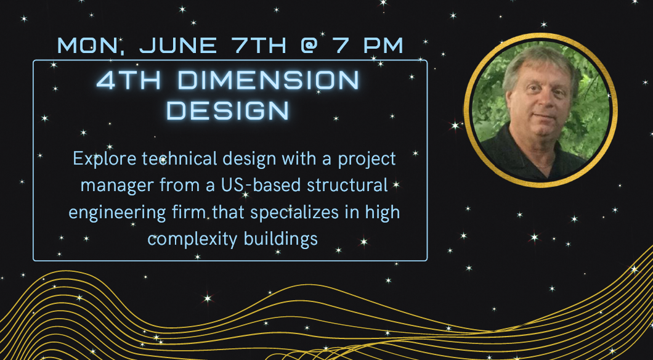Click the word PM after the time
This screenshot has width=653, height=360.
[383, 46]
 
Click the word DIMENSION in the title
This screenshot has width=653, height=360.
[268, 80]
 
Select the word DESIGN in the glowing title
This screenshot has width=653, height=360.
[228, 110]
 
